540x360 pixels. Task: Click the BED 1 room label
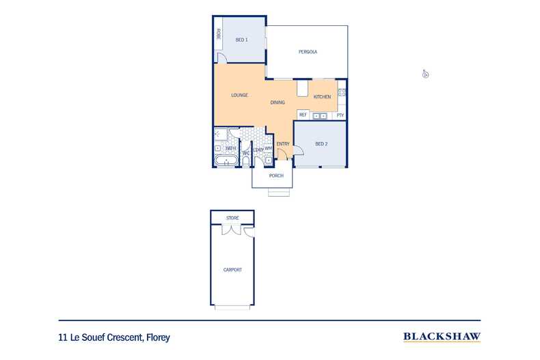[x=241, y=40]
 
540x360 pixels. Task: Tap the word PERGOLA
[x=308, y=53]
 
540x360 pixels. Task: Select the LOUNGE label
[x=239, y=95]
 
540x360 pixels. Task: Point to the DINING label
[x=278, y=102]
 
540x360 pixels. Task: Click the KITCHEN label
[x=322, y=97]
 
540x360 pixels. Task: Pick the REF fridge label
[x=302, y=115]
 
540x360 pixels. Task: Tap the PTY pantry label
[x=340, y=115]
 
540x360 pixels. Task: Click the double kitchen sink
[x=320, y=116]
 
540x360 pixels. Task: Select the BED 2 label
[x=322, y=143]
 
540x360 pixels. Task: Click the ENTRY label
[x=283, y=143]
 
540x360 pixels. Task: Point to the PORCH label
[x=276, y=176]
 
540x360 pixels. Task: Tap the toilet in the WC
[x=246, y=162]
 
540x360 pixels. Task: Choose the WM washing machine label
[x=269, y=148]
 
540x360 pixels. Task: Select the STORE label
[x=232, y=218]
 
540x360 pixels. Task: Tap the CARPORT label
[x=232, y=270]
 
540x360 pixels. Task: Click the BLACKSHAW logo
[x=442, y=337]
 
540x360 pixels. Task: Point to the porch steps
[x=278, y=193]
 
